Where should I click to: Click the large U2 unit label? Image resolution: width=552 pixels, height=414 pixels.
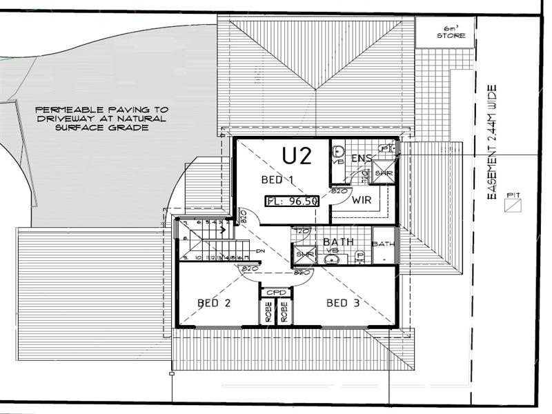tap(297, 156)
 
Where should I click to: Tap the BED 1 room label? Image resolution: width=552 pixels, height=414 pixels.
tap(277, 180)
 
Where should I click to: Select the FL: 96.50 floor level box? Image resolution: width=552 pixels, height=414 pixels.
tap(292, 201)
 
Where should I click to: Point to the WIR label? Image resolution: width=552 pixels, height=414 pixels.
tap(362, 201)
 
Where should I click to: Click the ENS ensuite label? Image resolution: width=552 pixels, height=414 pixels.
tap(362, 159)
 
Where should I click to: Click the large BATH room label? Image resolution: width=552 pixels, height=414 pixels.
tap(339, 242)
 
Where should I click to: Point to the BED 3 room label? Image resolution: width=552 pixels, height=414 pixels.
tap(342, 303)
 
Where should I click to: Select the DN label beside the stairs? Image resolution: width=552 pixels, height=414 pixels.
tap(260, 251)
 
